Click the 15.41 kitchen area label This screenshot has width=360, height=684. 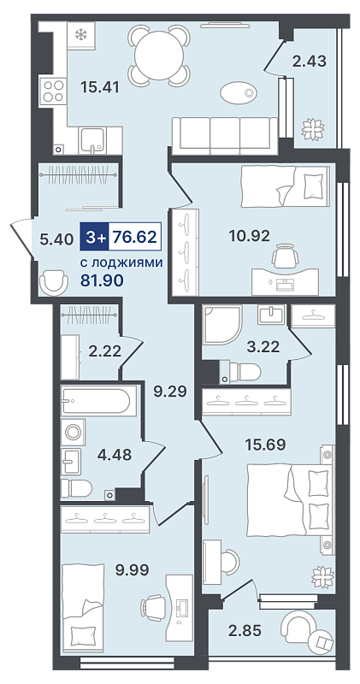coord(100,86)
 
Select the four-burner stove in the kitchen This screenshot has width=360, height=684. coord(53,91)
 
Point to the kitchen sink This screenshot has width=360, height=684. coord(93,140)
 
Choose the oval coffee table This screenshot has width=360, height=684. coord(239,93)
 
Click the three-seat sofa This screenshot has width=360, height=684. coord(225,136)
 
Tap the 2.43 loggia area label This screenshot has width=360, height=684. coord(310,62)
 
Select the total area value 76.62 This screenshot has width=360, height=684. coord(134,238)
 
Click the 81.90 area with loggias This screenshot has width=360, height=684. coord(102,280)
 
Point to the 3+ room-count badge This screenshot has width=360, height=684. coord(94,238)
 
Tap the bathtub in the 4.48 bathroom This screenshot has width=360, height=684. coord(96,401)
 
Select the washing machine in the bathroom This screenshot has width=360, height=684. coord(73,433)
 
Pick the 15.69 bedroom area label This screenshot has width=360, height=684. coord(265,445)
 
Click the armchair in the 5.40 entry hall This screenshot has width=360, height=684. coord(54,283)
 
